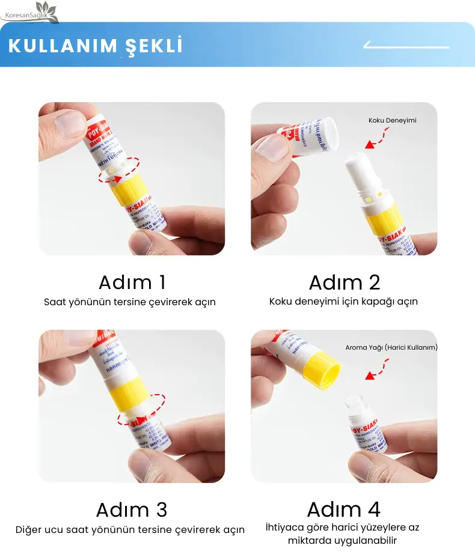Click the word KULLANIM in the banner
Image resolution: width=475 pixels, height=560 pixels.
60,46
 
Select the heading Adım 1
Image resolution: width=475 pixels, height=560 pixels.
132,282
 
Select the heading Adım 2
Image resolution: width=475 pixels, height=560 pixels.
345,282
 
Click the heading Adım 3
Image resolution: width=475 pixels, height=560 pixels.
132,510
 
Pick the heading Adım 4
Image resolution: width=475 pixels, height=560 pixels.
344,510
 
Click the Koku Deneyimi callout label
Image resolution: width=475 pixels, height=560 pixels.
392,121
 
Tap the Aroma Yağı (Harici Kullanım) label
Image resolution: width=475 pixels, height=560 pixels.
391,347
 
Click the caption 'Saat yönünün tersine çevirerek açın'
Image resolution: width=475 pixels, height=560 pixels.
130,302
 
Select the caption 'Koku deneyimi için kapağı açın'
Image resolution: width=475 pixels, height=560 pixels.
343,302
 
